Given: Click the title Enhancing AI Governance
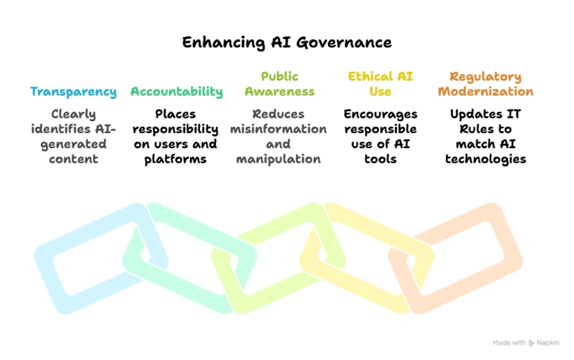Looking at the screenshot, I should [287, 42].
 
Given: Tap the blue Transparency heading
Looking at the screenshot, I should [73, 92].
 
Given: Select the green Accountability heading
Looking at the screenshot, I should [176, 92].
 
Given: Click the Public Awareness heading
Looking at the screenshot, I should [279, 84].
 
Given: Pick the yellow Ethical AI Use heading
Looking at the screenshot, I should [380, 84].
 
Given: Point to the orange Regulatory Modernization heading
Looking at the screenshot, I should [485, 84].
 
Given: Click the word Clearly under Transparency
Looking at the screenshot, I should [73, 114].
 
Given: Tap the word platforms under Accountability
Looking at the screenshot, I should [176, 159].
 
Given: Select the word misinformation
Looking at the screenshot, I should [279, 129].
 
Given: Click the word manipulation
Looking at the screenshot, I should [279, 159].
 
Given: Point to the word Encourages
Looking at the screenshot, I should [380, 114].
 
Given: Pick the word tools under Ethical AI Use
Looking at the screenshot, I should [380, 159].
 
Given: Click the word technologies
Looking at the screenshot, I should [486, 159].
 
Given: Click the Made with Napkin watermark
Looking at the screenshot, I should [525, 343].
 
